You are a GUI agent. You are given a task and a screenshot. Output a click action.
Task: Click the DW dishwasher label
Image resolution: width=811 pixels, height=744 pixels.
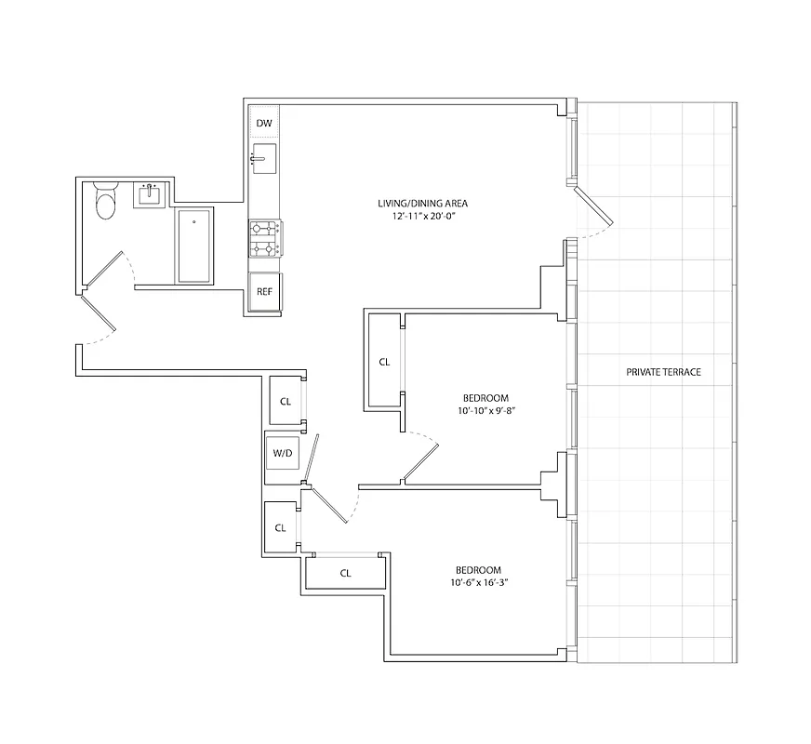pyautogui.click(x=264, y=124)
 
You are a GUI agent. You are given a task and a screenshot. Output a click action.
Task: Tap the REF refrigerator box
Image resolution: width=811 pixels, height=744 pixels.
pyautogui.click(x=264, y=292)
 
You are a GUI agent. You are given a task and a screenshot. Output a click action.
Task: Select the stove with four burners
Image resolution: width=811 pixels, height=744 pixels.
pyautogui.click(x=265, y=238)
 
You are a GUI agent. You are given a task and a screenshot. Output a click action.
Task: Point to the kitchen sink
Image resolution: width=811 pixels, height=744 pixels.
pyautogui.click(x=264, y=159)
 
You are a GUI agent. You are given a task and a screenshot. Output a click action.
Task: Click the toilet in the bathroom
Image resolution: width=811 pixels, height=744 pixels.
pyautogui.click(x=104, y=202)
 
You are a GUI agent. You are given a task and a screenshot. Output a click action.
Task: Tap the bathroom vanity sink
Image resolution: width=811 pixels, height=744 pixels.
pyautogui.click(x=149, y=194)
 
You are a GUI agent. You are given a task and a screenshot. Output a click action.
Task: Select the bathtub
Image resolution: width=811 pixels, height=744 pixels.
pyautogui.click(x=194, y=246)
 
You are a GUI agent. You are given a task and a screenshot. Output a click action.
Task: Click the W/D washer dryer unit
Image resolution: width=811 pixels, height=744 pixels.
pyautogui.click(x=282, y=454)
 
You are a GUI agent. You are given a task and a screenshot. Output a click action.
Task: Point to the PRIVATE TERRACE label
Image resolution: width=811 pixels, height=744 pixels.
pyautogui.click(x=663, y=372)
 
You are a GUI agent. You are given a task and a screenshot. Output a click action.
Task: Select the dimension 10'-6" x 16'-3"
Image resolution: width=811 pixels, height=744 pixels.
pyautogui.click(x=478, y=583)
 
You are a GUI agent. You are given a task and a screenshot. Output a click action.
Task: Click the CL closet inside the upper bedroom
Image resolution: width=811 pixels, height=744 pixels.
pyautogui.click(x=384, y=362)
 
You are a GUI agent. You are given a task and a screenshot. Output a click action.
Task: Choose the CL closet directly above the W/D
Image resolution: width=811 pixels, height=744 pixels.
pyautogui.click(x=286, y=402)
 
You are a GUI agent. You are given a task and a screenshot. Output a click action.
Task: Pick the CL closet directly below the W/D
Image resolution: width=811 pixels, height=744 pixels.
pyautogui.click(x=280, y=527)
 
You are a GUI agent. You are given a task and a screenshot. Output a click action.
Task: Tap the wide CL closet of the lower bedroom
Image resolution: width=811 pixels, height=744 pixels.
pyautogui.click(x=345, y=573)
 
